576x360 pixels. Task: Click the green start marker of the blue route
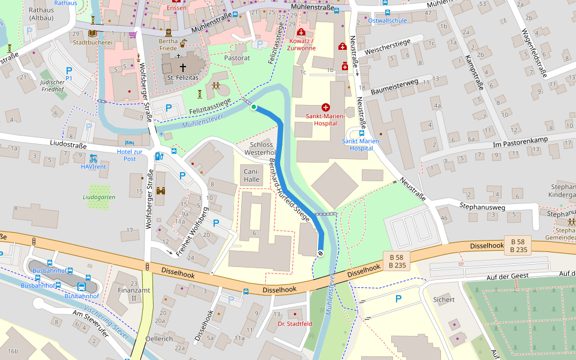254,107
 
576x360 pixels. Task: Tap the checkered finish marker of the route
320,253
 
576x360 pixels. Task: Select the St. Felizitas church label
179,78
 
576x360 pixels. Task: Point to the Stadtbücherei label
92,43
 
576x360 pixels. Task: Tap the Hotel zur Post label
130,155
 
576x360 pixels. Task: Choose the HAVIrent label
94,166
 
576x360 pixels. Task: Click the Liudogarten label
99,197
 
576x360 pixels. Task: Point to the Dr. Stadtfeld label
295,324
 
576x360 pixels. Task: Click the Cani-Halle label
251,175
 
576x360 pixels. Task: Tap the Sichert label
444,299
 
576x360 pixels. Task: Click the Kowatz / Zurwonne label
302,44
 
